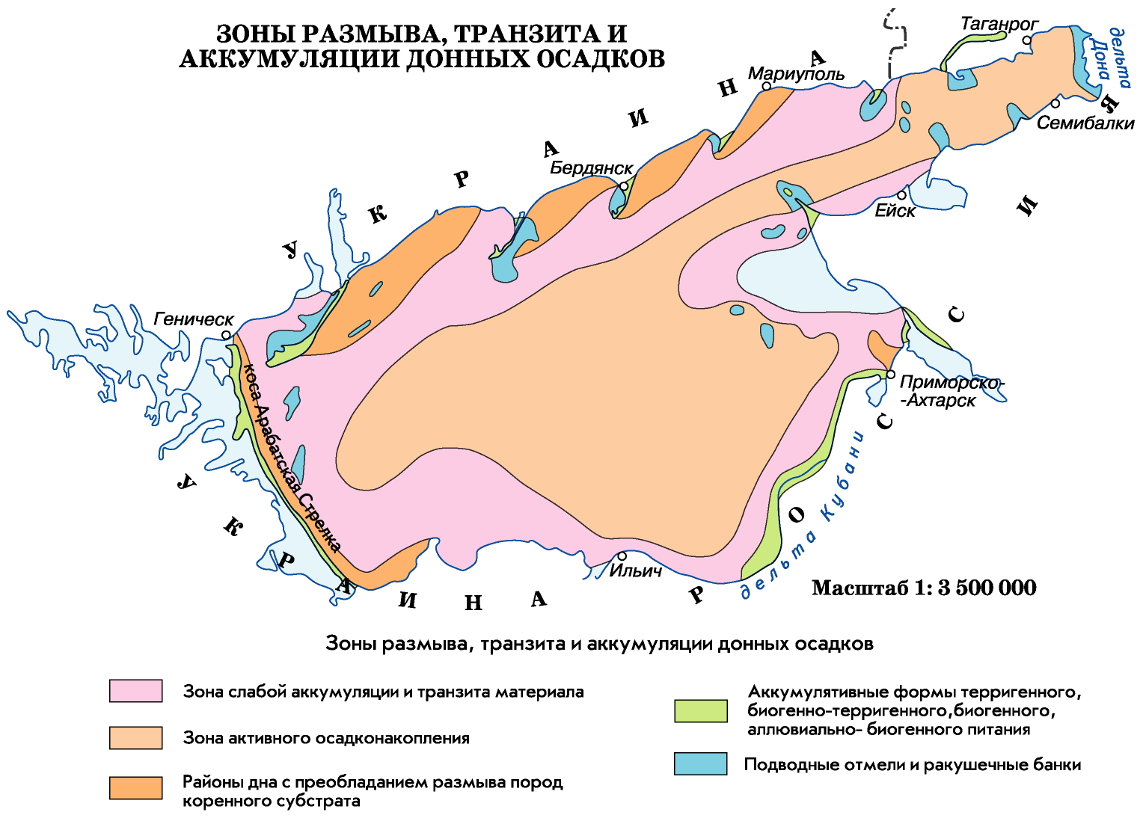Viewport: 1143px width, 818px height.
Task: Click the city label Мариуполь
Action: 796,74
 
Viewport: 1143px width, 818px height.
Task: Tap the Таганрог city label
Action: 999,24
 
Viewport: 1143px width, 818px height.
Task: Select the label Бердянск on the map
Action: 591,167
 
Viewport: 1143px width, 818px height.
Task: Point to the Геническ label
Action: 193,319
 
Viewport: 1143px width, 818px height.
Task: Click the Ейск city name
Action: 895,211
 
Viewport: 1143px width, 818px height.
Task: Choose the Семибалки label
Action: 1085,123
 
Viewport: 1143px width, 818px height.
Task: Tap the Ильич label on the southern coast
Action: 635,571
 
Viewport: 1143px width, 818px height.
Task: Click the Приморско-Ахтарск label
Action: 950,391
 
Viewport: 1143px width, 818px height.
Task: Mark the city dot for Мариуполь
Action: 767,87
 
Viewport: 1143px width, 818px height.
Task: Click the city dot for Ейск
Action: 902,195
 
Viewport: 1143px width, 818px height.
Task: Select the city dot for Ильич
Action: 622,556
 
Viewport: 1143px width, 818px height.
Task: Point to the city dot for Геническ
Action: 227,336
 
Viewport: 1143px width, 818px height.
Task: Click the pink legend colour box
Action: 135,691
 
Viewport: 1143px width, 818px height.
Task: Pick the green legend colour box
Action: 700,711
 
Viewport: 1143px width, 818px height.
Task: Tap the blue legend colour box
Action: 700,763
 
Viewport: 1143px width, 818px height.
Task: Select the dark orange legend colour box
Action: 135,788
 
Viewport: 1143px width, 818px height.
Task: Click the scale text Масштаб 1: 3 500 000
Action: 924,588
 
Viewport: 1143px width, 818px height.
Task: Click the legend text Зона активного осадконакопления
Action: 326,738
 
